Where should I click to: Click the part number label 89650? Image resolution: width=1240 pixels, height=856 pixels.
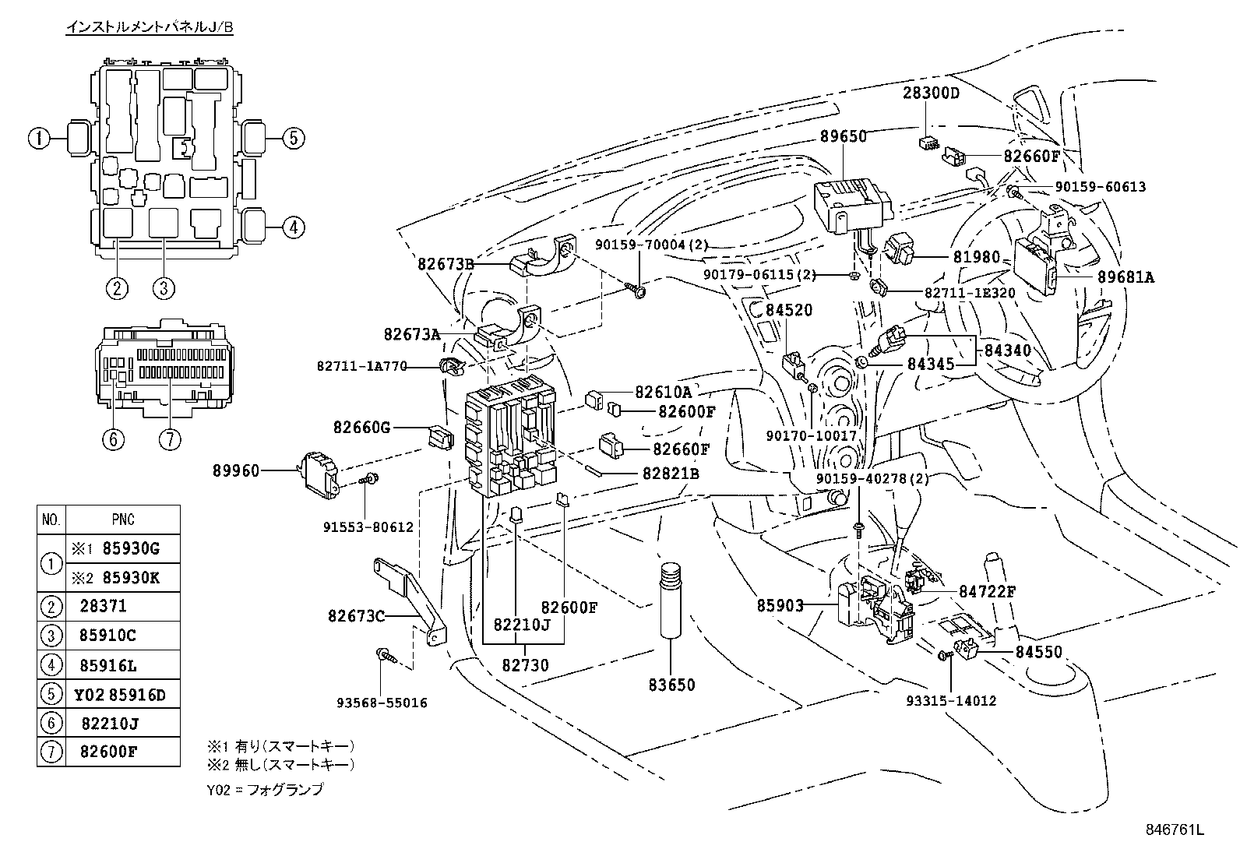tap(843, 136)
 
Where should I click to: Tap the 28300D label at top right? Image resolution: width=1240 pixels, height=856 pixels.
tap(931, 93)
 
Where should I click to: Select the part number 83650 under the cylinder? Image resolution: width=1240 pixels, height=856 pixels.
tap(671, 685)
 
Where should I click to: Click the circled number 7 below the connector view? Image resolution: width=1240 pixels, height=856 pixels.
tap(169, 439)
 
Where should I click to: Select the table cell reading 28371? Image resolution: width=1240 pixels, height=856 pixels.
tap(103, 606)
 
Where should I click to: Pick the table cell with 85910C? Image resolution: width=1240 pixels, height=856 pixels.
tap(107, 636)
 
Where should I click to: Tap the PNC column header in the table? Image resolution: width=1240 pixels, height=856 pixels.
tap(122, 520)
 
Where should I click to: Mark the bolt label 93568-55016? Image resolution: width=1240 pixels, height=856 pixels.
tap(382, 703)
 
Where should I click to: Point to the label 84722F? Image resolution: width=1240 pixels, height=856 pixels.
tap(987, 591)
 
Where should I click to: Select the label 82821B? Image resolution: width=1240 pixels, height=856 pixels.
tap(671, 473)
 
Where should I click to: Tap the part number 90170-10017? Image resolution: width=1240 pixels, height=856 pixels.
tap(811, 435)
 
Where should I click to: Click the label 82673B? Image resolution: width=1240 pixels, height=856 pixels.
tap(446, 263)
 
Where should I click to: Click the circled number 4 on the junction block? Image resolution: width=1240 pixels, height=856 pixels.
tap(292, 228)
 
